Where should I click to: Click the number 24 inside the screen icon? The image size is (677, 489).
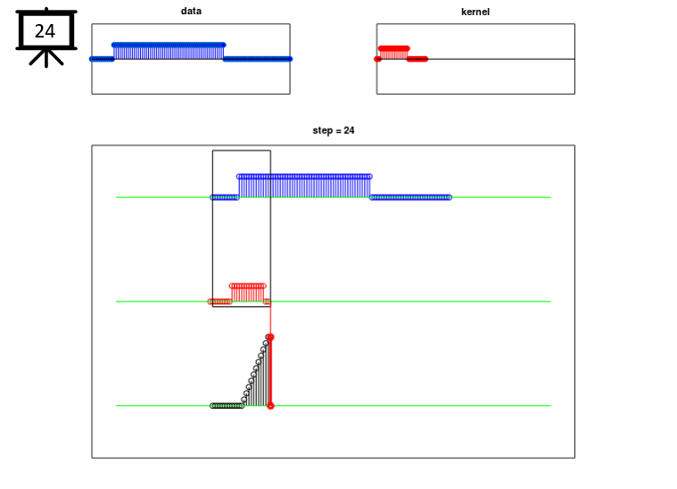click(45, 31)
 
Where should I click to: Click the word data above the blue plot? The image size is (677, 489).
click(191, 11)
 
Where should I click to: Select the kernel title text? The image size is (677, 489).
click(475, 12)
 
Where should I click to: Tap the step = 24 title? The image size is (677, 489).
click(334, 130)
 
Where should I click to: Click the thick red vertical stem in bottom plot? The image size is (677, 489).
click(270, 371)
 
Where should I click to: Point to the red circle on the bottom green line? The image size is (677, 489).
click(271, 406)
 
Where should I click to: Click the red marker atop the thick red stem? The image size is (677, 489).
click(270, 337)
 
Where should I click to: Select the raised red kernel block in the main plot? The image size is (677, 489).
click(248, 293)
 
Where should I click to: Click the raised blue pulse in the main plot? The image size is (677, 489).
click(304, 186)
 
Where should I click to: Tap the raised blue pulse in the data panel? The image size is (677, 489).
click(169, 51)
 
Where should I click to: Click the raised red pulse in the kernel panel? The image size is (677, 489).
click(393, 53)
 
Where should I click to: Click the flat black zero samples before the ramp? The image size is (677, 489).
click(227, 406)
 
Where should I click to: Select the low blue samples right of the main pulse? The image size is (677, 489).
click(410, 197)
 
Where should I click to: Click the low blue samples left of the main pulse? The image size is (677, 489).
click(225, 197)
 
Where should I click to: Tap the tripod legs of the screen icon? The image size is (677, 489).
click(46, 58)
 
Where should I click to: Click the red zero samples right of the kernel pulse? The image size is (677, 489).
click(417, 59)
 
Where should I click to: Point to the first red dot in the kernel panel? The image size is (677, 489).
click(377, 59)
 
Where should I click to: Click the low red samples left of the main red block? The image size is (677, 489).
click(219, 302)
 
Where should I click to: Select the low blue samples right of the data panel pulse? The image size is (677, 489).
click(258, 59)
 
